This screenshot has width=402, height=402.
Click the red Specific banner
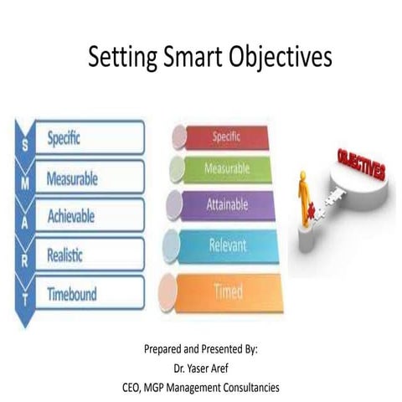(228, 135)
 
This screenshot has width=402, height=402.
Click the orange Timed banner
(228, 291)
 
